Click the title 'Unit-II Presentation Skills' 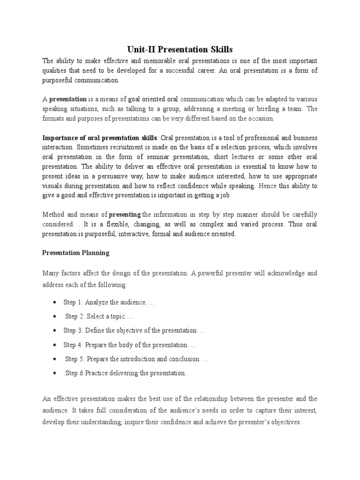tap(180, 49)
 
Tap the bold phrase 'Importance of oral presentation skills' tap(100, 138)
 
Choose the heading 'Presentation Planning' tap(76, 253)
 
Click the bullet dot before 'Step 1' tap(56, 303)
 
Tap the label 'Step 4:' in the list tap(74, 345)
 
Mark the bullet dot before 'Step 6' tap(56, 373)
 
